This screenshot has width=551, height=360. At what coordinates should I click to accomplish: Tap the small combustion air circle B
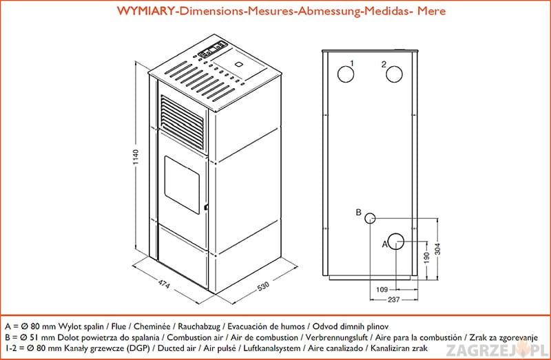click(x=371, y=218)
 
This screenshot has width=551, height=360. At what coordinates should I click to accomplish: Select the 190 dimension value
click(x=427, y=257)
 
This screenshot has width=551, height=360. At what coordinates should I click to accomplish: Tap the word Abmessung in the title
click(x=326, y=12)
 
